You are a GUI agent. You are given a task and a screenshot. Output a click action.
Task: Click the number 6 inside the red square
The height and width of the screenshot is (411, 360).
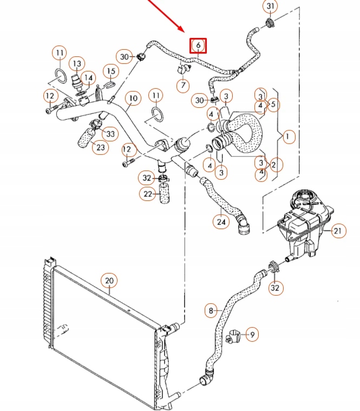198,45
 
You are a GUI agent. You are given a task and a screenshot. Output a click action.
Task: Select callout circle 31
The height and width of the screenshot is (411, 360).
270,7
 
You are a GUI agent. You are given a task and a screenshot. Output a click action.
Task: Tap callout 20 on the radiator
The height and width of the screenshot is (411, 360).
109,280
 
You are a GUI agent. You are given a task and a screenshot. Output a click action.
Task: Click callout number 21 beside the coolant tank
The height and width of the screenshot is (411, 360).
338,231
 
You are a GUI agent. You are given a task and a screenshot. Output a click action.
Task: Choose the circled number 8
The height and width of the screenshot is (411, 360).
211,311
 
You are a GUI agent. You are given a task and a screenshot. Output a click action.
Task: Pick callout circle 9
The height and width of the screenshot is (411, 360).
251,335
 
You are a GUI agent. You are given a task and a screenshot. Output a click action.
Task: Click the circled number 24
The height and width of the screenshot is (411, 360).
220,221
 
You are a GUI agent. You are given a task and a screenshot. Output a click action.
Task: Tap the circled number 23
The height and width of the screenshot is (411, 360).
100,147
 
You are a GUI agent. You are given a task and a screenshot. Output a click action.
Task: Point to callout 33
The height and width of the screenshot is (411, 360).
110,133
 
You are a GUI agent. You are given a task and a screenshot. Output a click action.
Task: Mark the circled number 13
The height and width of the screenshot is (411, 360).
77,64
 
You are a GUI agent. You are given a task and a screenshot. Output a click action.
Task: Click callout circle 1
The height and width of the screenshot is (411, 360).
288,137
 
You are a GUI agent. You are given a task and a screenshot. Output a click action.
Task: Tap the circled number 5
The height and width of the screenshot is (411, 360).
273,104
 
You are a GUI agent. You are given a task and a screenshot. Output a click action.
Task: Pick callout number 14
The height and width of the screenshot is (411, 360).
89,77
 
